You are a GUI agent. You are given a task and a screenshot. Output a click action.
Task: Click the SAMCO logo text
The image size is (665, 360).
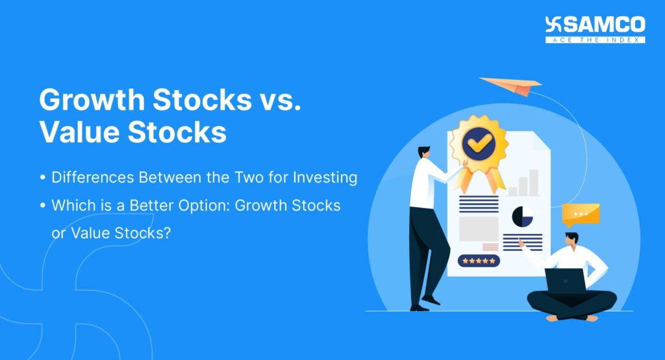pos(604,25)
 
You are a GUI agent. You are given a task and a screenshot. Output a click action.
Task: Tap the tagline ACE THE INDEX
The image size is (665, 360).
pos(595,40)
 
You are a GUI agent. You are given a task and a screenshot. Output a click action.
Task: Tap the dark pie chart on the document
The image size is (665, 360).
pos(523,216)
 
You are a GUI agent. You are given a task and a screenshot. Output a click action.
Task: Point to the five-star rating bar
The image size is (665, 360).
pos(479,261)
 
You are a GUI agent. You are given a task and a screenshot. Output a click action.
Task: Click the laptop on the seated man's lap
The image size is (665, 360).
pos(564,281)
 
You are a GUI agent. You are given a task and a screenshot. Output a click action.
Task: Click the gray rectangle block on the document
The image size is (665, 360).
pos(479,228)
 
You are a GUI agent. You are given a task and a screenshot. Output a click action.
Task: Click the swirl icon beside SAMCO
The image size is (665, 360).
pos(553,25)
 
